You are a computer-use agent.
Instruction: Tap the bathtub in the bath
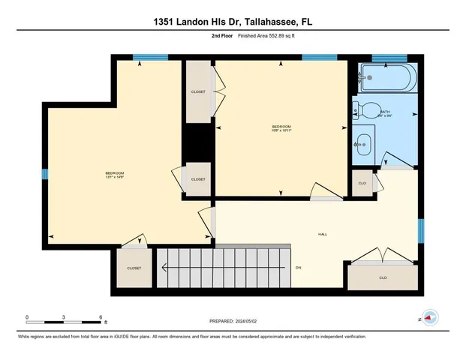pos(386,76)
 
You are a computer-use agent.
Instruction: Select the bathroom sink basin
pos(363,142)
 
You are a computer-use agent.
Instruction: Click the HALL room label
pos(323,235)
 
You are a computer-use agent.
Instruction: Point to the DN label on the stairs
pos(298,268)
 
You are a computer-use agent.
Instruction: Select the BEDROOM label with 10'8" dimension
pos(281,127)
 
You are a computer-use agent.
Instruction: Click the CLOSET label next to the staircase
pos(134,268)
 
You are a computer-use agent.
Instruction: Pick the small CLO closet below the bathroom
pos(362,183)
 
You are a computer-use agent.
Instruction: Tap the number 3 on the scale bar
pos(64,317)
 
